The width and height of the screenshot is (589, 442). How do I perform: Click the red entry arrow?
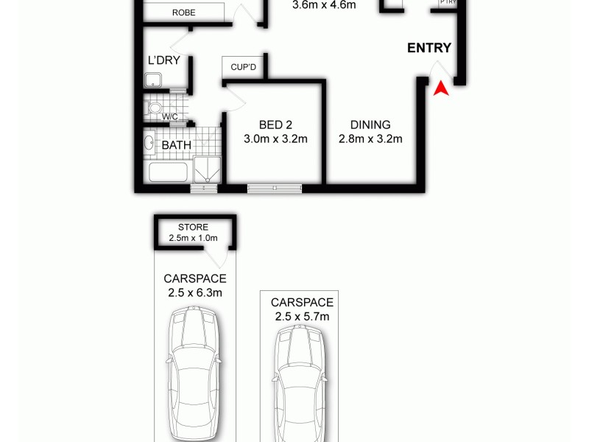pos(440,89)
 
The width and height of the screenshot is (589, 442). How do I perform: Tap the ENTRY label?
pos(429,48)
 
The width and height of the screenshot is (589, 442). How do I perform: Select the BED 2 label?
pos(275,125)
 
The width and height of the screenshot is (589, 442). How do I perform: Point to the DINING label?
pos(370,125)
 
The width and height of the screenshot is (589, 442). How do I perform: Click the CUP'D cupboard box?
pos(243,67)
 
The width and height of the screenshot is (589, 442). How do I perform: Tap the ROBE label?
pos(183,13)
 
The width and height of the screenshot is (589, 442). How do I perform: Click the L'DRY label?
pos(164,61)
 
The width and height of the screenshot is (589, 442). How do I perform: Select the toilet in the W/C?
pos(155,110)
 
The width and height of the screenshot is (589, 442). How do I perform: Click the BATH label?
pos(176,145)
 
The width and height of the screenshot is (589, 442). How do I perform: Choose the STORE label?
pos(193,227)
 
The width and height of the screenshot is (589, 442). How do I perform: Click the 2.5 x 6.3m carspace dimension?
pos(194,292)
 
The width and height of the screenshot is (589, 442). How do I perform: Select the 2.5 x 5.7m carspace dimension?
pos(302,316)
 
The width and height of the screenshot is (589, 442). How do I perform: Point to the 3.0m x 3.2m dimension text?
pos(275,138)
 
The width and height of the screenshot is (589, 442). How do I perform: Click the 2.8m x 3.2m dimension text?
pos(370,138)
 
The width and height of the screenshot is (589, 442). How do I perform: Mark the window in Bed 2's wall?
pos(275,189)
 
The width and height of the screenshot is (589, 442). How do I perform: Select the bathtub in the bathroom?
pos(170,172)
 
